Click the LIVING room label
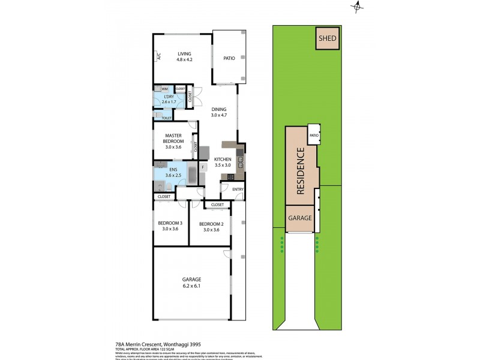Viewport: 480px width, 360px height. pyautogui.click(x=184, y=57)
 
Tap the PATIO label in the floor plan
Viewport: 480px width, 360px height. pyautogui.click(x=229, y=58)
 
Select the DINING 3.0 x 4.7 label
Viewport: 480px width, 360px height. pyautogui.click(x=219, y=112)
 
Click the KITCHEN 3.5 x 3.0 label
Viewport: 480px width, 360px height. pyautogui.click(x=223, y=162)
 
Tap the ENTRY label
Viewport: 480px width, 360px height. pyautogui.click(x=238, y=190)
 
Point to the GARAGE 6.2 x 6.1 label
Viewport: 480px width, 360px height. pyautogui.click(x=191, y=283)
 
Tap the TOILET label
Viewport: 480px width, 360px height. pyautogui.click(x=158, y=118)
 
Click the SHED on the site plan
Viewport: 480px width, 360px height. pyautogui.click(x=327, y=40)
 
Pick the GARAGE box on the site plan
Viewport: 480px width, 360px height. pyautogui.click(x=300, y=218)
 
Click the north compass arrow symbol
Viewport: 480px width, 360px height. pyautogui.click(x=358, y=7)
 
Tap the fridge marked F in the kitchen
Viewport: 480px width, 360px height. pyautogui.click(x=203, y=167)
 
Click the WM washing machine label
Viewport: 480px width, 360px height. pyautogui.click(x=164, y=89)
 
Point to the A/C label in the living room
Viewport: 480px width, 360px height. pyautogui.click(x=160, y=57)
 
